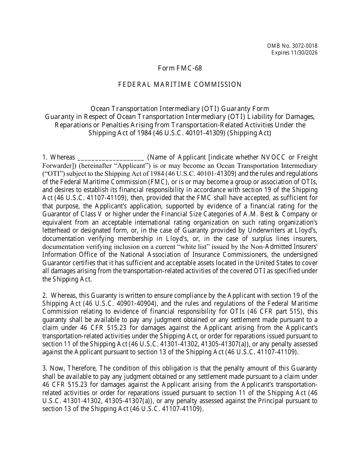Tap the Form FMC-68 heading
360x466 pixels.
[x=180, y=68]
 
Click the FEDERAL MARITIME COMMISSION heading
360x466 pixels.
[x=180, y=84]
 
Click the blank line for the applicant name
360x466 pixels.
[x=110, y=157]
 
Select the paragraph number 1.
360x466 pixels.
[x=44, y=157]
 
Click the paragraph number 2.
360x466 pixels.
[x=44, y=296]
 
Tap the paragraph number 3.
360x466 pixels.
[x=44, y=368]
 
